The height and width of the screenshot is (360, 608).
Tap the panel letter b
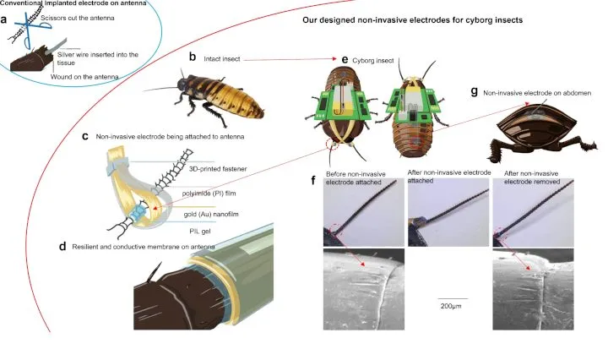tap(193, 57)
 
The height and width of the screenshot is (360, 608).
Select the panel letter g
tap(474, 92)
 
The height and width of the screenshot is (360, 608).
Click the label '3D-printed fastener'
tap(218, 168)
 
